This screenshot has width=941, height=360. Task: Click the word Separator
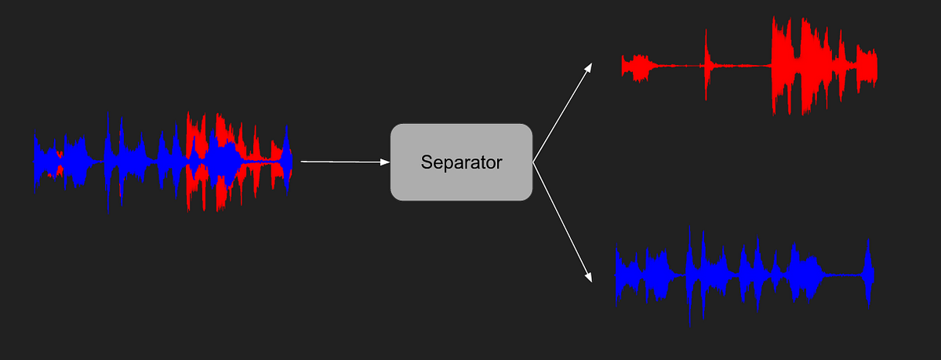461,162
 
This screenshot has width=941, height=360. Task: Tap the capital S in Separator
427,162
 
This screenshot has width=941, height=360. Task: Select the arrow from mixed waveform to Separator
341,162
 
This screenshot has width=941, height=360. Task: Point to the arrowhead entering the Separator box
386,162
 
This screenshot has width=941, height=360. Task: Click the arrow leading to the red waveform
562,114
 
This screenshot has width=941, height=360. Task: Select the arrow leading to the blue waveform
561,220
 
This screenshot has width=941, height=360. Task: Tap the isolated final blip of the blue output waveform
868,275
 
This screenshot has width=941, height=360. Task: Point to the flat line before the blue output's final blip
843,275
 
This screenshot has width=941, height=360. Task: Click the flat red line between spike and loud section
741,65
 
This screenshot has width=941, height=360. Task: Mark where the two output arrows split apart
533,163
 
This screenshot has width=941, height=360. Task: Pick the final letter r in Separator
499,163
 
